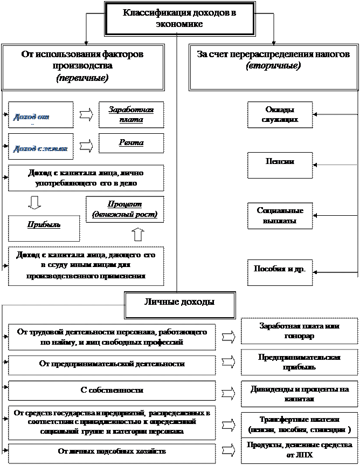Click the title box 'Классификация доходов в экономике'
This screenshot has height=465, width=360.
pos(179,18)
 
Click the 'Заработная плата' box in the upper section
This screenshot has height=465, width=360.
pos(131,114)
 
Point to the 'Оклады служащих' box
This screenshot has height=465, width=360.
pos(280,114)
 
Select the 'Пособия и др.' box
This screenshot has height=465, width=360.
pos(280,267)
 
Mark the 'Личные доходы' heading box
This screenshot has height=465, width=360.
pos(180,305)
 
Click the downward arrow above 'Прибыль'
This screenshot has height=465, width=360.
pos(34,203)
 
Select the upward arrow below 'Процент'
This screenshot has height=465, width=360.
pos(138,234)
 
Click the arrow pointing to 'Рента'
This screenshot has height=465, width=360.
pos(86,146)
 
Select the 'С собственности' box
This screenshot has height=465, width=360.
pos(112,389)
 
